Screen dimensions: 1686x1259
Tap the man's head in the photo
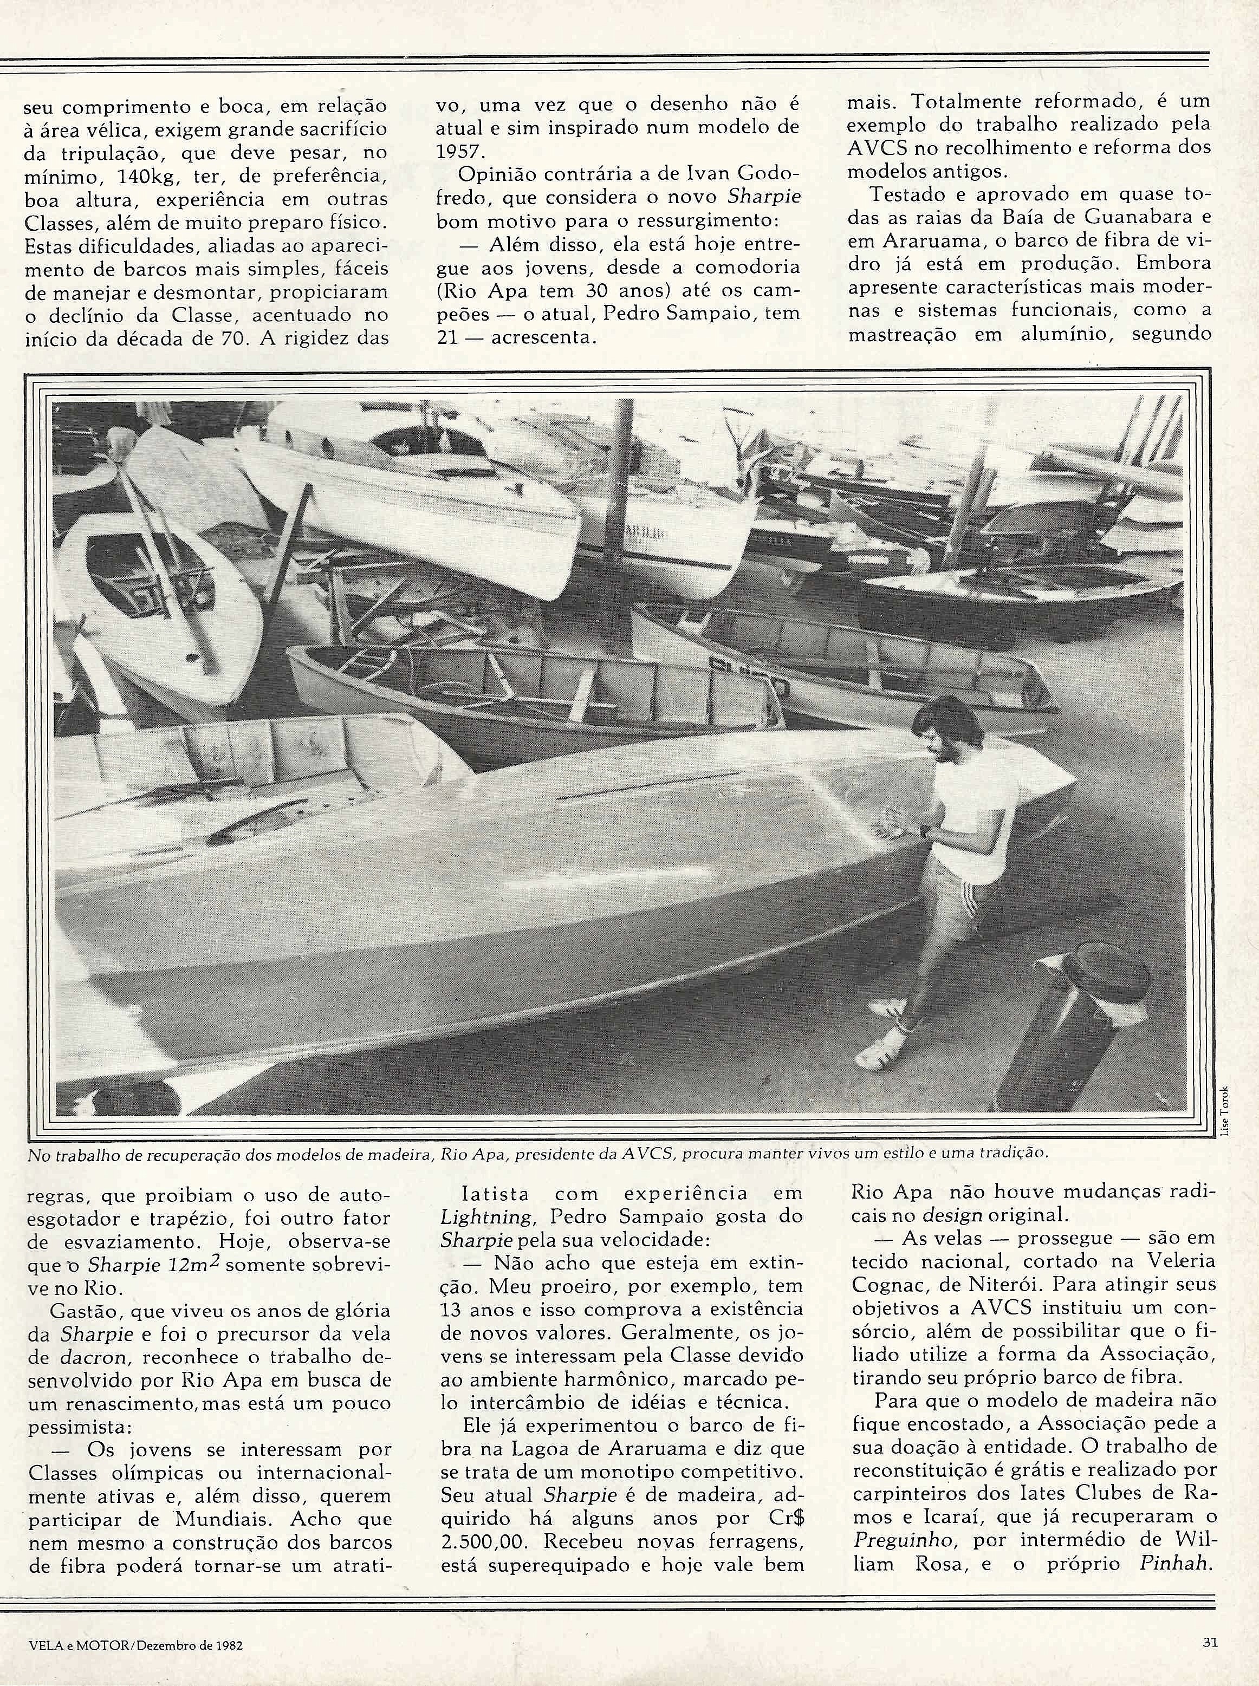point(939,726)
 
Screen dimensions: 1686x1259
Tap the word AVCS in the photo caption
point(646,1154)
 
